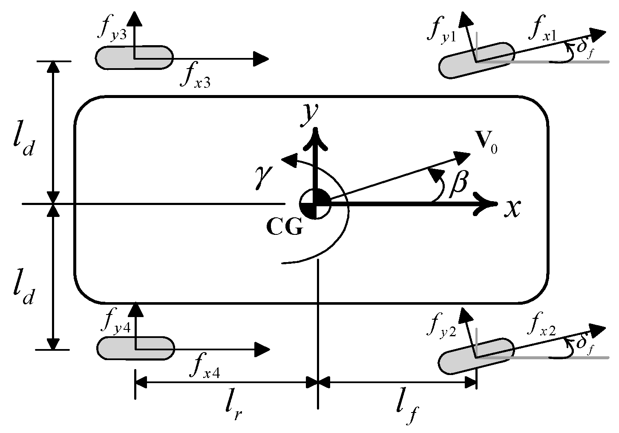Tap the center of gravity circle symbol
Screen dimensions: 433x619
315,204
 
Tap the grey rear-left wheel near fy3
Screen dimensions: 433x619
134,58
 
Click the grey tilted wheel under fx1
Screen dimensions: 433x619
476,60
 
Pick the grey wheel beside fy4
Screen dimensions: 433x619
135,348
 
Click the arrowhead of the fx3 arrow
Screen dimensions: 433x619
261,58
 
